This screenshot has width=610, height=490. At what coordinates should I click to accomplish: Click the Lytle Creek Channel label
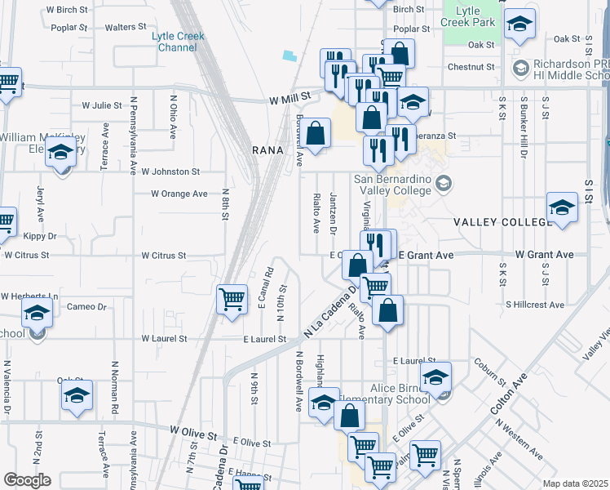click(x=178, y=42)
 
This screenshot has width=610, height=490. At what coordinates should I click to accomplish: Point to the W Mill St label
click(x=292, y=97)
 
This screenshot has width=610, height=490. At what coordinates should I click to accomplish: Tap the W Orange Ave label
click(x=179, y=194)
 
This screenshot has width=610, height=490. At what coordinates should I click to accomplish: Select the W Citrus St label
click(x=163, y=256)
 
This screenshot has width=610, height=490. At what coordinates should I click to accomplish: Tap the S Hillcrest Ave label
click(x=534, y=305)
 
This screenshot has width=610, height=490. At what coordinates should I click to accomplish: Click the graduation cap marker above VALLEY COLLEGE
click(x=562, y=207)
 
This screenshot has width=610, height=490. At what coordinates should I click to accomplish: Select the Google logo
click(x=28, y=480)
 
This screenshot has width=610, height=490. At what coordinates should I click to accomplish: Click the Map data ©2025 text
click(x=574, y=483)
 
